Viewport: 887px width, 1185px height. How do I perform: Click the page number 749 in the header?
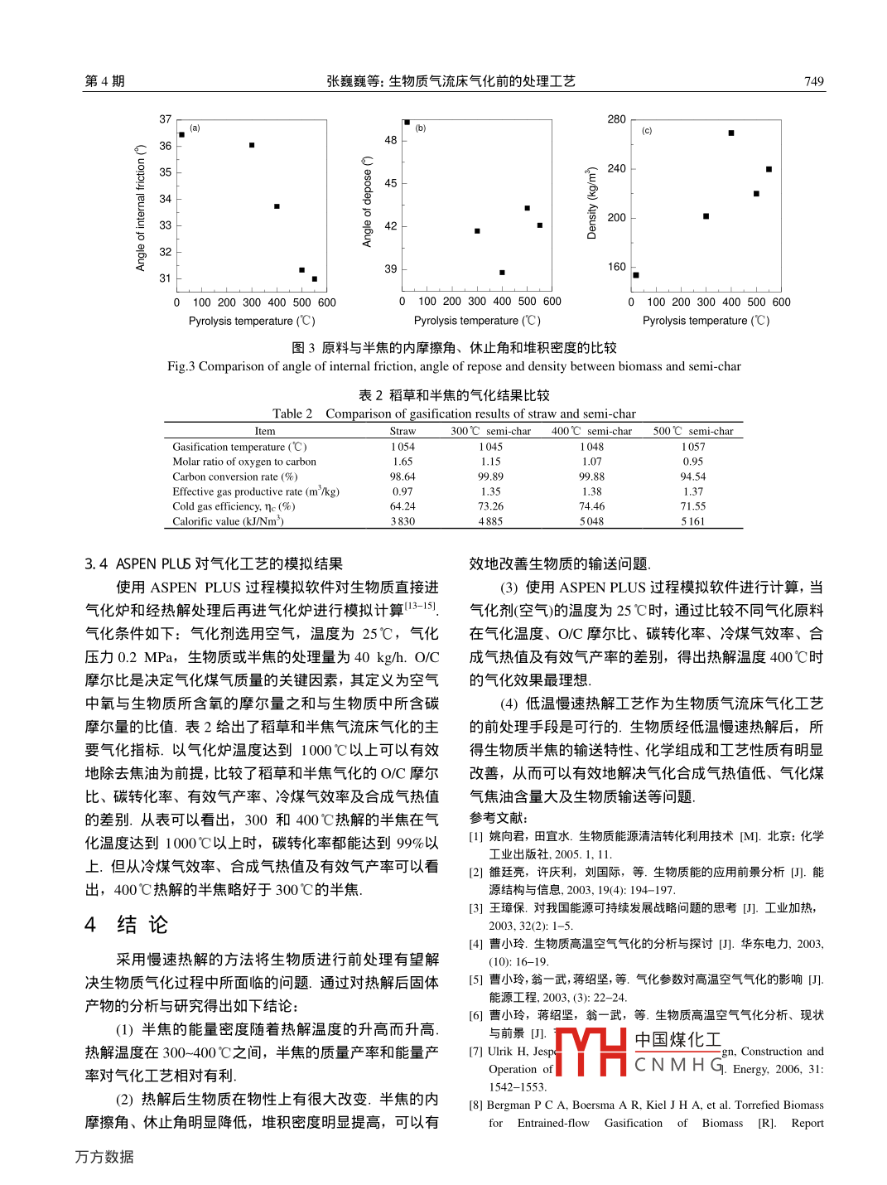pyautogui.click(x=813, y=81)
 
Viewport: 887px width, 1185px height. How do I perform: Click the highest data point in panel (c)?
pyautogui.click(x=731, y=133)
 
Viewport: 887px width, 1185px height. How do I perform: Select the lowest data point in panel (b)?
pyautogui.click(x=502, y=273)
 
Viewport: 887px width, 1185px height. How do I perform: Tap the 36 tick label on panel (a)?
pyautogui.click(x=166, y=146)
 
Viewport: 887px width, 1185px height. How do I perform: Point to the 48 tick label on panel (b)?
pyautogui.click(x=391, y=140)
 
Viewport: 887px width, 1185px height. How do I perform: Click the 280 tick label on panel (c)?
pyautogui.click(x=616, y=119)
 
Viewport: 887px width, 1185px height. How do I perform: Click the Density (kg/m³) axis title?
pyautogui.click(x=591, y=204)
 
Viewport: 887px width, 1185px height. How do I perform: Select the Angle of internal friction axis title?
pyautogui.click(x=141, y=208)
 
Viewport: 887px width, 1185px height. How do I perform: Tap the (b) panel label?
pyautogui.click(x=421, y=128)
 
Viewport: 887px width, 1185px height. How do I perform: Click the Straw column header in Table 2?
pyautogui.click(x=403, y=431)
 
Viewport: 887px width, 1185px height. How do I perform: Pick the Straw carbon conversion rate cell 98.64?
pyautogui.click(x=403, y=476)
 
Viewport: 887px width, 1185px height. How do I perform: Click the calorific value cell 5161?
pyautogui.click(x=692, y=521)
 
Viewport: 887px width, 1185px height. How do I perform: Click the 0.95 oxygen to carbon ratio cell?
pyautogui.click(x=692, y=462)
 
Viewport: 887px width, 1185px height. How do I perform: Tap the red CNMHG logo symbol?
pyautogui.click(x=590, y=1052)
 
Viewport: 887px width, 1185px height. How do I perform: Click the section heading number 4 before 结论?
pyautogui.click(x=90, y=925)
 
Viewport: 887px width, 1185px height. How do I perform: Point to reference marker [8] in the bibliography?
pyautogui.click(x=475, y=1105)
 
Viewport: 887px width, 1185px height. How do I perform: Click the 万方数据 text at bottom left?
pyautogui.click(x=104, y=1157)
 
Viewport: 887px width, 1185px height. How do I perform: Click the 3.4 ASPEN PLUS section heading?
pyautogui.click(x=214, y=563)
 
